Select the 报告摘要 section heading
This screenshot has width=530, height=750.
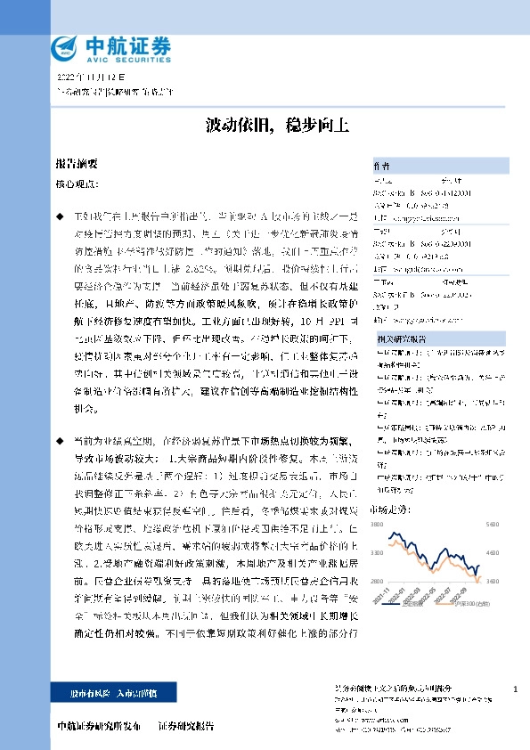(76, 164)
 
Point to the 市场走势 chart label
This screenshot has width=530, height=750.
(388, 509)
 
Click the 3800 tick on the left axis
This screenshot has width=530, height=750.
(379, 526)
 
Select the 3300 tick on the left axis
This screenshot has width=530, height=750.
(379, 554)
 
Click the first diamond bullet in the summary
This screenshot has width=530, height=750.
(60, 216)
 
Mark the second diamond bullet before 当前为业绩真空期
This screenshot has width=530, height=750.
(60, 441)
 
